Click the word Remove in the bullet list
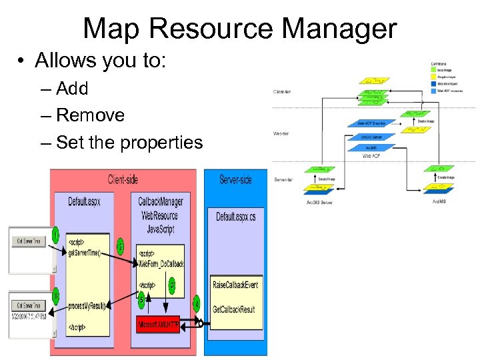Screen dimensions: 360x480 90,115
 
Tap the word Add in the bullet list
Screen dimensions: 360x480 72,89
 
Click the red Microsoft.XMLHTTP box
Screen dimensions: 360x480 158,324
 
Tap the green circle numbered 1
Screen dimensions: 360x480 56,235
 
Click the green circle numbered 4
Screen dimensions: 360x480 196,304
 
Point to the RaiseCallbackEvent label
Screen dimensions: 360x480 235,285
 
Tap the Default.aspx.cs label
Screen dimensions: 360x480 235,217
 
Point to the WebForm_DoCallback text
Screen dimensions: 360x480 161,263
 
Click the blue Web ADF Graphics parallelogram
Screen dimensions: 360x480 371,123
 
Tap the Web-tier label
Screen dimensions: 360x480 281,134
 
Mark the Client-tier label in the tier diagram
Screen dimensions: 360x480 282,91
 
